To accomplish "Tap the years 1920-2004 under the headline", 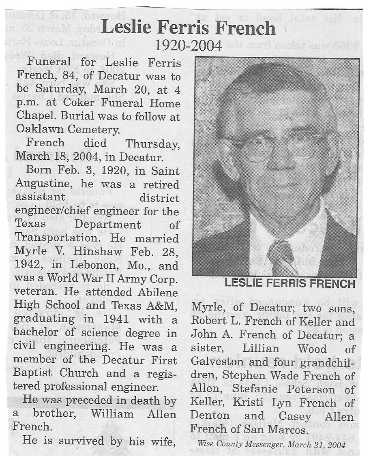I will point(189,45).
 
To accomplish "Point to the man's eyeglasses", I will point(276,148).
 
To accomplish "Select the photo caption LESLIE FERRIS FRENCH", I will point(290,284).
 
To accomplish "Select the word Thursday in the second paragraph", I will point(152,143).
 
